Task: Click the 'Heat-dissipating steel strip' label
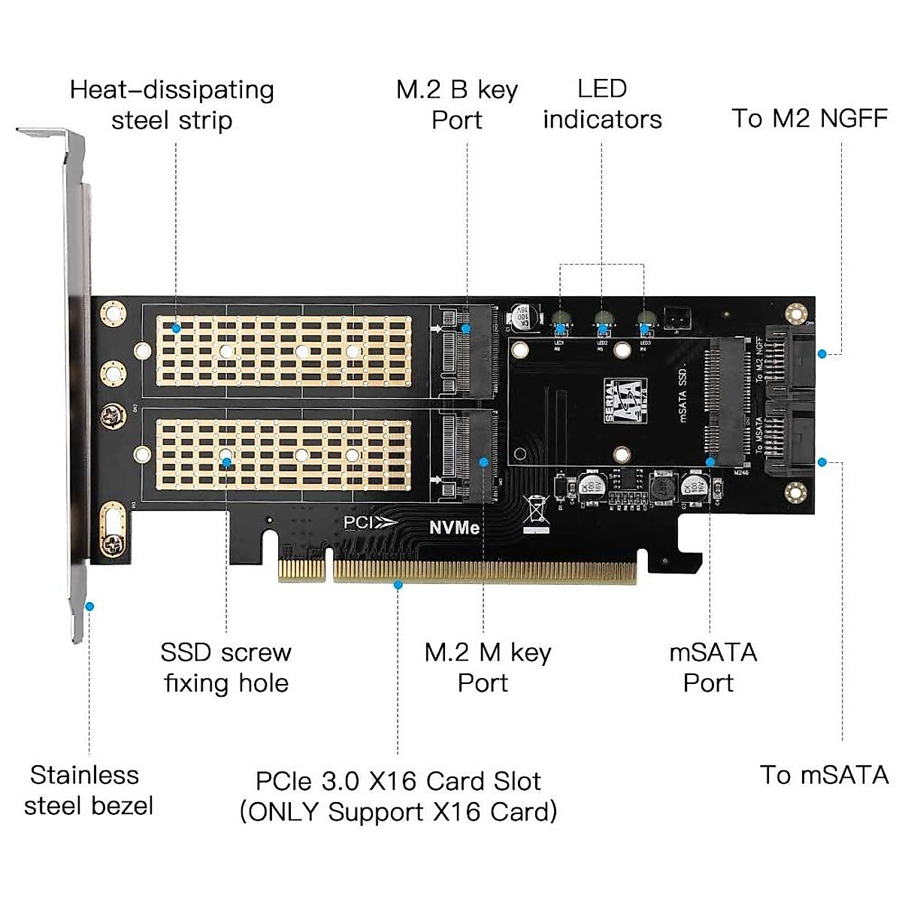(x=172, y=104)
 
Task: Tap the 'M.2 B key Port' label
(x=457, y=104)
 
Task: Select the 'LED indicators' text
(x=602, y=104)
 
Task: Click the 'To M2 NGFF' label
(x=810, y=118)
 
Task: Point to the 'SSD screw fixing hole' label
(x=226, y=667)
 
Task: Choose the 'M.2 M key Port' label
(x=486, y=667)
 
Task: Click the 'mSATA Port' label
(x=712, y=667)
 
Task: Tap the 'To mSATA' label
(x=824, y=774)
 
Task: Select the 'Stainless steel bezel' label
(x=88, y=790)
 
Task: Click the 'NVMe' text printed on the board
(x=454, y=528)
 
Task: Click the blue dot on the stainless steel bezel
(x=89, y=606)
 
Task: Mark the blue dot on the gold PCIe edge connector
(x=398, y=584)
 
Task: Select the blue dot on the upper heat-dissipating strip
(x=176, y=328)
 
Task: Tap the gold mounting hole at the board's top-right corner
(x=795, y=313)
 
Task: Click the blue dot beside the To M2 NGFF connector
(x=822, y=353)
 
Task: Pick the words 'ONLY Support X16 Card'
(x=398, y=812)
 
